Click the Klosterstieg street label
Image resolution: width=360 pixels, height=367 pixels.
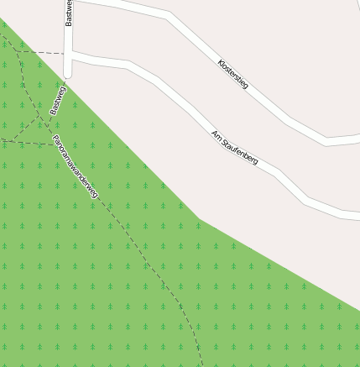pyautogui.click(x=232, y=75)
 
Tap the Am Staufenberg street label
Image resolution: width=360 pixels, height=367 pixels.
pyautogui.click(x=234, y=148)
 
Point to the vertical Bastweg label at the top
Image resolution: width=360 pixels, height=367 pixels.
pyautogui.click(x=69, y=13)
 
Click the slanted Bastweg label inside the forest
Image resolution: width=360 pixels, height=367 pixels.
pyautogui.click(x=57, y=99)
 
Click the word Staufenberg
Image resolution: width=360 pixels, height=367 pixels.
pyautogui.click(x=239, y=152)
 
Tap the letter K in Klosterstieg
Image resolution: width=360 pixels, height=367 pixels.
pyautogui.click(x=220, y=62)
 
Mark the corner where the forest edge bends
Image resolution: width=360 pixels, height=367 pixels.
pyautogui.click(x=199, y=218)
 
